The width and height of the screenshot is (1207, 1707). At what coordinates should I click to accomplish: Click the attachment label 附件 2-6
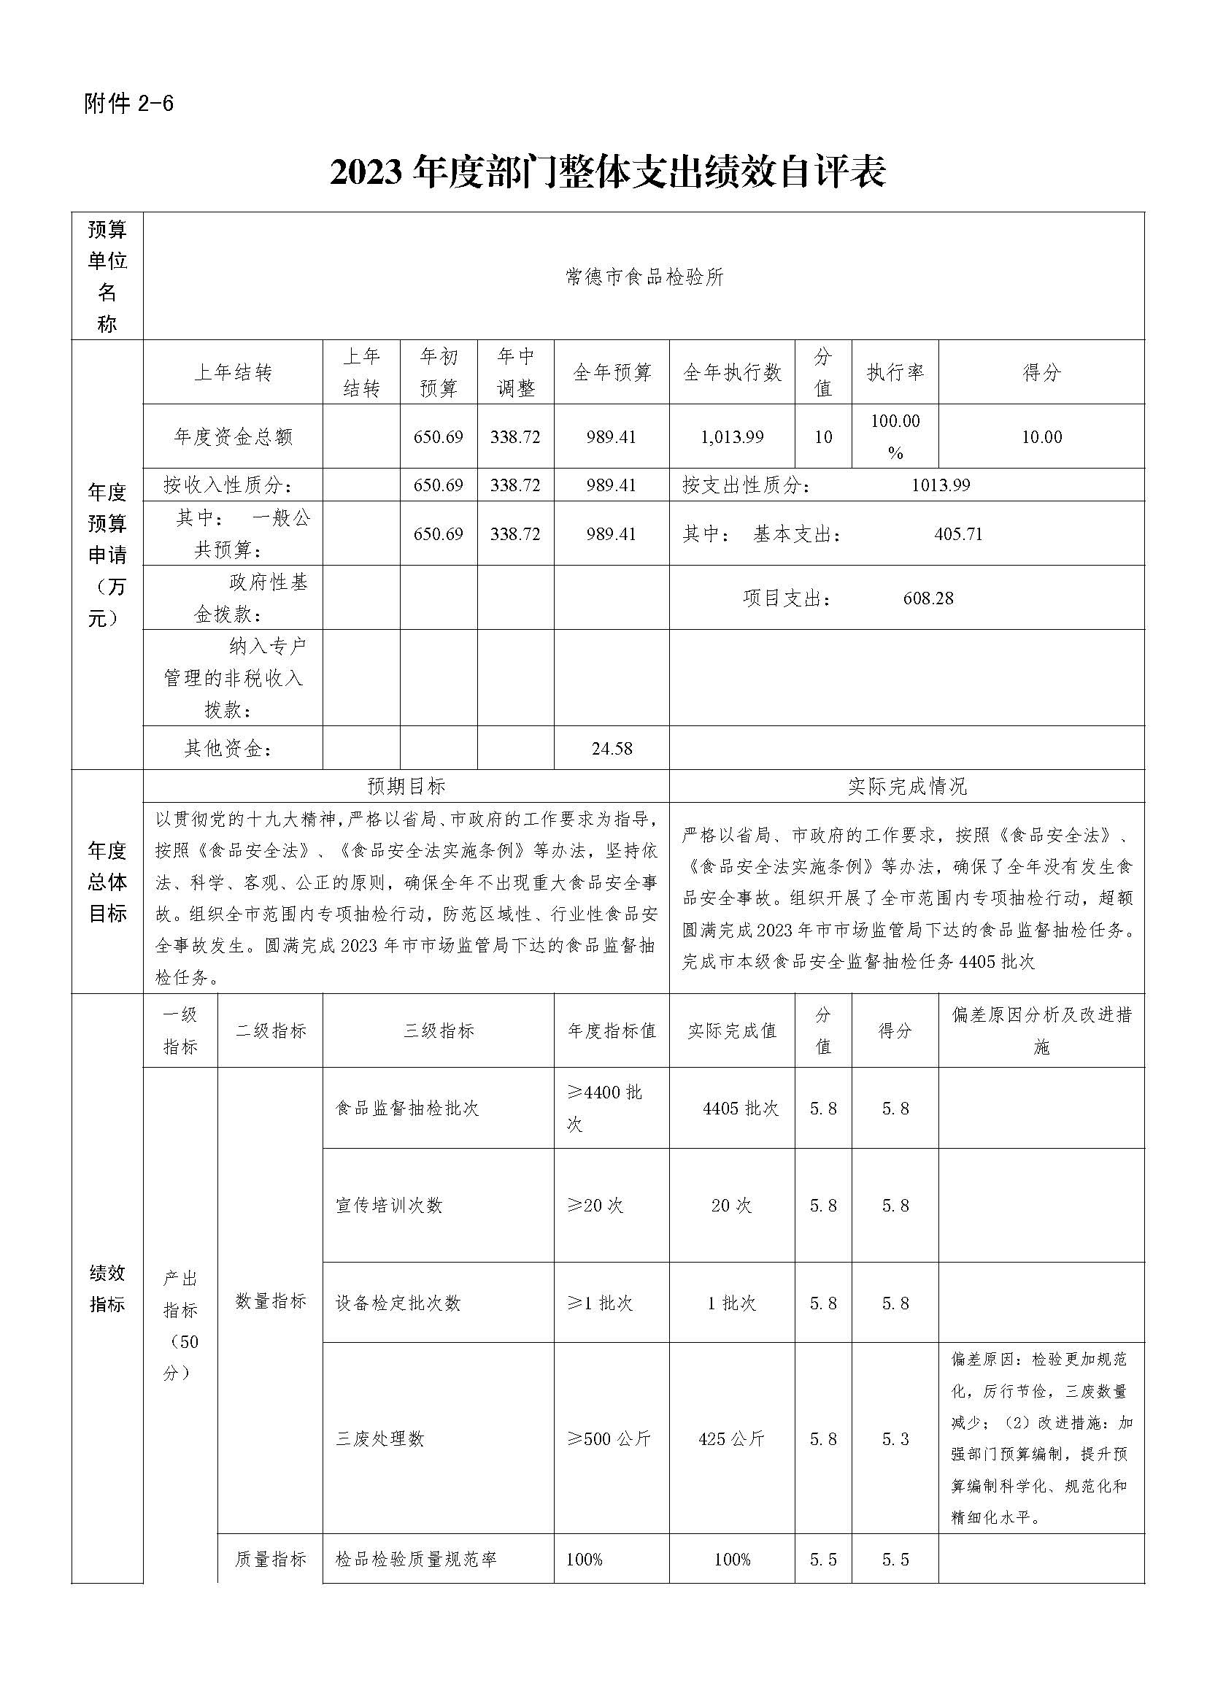click(x=128, y=104)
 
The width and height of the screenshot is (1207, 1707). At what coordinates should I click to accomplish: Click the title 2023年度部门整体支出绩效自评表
click(x=607, y=173)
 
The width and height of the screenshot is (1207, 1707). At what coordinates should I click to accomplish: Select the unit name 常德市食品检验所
click(x=644, y=278)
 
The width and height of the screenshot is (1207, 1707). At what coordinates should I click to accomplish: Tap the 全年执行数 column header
click(x=732, y=372)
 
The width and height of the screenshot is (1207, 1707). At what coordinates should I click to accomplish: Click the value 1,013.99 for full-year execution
click(x=732, y=437)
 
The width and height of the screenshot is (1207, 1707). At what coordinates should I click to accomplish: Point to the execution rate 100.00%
click(x=895, y=436)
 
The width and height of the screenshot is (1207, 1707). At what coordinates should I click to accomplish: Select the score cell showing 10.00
click(x=1041, y=437)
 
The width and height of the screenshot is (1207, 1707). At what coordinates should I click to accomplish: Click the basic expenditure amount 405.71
click(x=958, y=534)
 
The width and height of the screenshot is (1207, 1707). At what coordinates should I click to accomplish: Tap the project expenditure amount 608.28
click(x=928, y=598)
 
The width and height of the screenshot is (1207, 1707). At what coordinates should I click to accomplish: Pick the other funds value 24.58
click(x=612, y=749)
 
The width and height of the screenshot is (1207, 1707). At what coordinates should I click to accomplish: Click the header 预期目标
click(x=406, y=787)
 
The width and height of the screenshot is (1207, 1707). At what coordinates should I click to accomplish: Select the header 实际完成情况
click(x=907, y=787)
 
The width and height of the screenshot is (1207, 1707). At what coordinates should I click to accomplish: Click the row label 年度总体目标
click(x=107, y=882)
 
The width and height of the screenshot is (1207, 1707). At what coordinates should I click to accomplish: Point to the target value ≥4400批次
click(x=604, y=1108)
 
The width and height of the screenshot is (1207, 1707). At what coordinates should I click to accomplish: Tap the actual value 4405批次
click(x=740, y=1109)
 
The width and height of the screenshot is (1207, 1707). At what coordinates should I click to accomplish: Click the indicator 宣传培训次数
click(x=389, y=1205)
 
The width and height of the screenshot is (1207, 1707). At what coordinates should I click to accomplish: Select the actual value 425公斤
click(x=731, y=1438)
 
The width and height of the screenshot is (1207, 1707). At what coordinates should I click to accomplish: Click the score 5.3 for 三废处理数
click(x=895, y=1438)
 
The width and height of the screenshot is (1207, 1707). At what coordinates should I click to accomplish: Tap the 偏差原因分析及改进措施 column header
click(x=1041, y=1030)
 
